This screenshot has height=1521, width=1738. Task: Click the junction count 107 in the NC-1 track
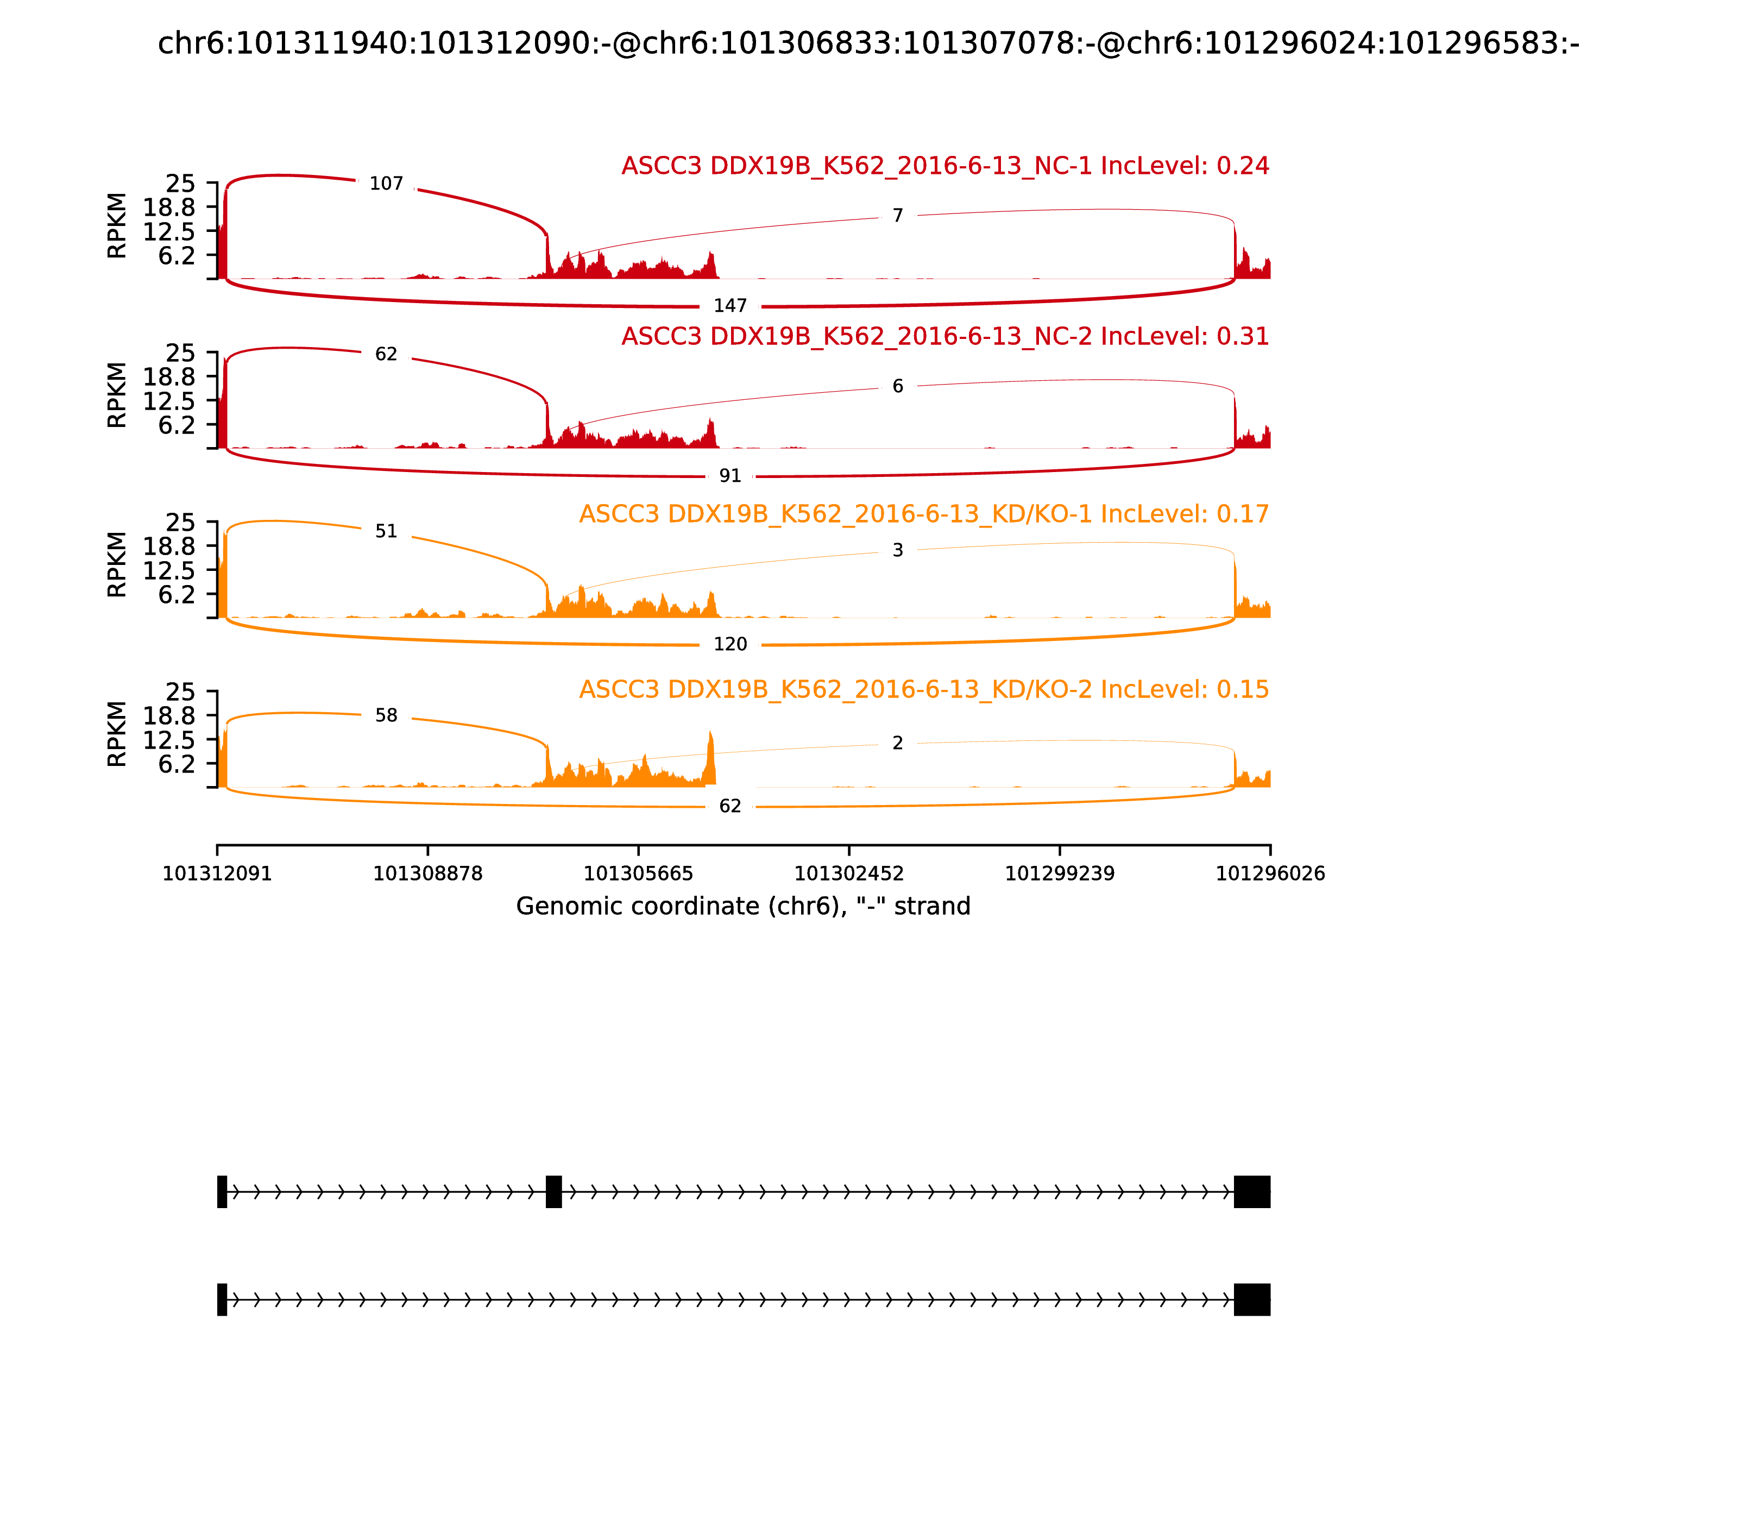click(x=386, y=184)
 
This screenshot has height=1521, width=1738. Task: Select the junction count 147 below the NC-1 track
click(x=730, y=305)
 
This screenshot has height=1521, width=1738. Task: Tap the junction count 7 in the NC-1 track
click(x=898, y=216)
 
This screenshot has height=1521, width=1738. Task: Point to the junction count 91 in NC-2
click(x=730, y=476)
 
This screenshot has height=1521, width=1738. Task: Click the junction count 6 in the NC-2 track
click(x=898, y=386)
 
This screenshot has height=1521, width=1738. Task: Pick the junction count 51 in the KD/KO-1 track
click(x=386, y=531)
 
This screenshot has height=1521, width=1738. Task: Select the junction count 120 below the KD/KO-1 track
click(x=730, y=644)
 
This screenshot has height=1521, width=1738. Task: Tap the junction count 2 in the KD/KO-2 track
click(x=898, y=744)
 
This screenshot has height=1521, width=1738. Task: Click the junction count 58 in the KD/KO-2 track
click(x=386, y=715)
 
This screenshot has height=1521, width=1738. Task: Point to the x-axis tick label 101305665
click(x=638, y=874)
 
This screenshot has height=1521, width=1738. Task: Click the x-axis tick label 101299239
click(x=1059, y=874)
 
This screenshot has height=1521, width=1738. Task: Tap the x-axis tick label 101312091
click(x=217, y=874)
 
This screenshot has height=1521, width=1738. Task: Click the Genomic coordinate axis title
click(x=742, y=907)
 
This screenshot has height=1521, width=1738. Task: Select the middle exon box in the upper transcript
click(x=553, y=1192)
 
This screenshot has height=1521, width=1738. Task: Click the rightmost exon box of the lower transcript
click(x=1252, y=1299)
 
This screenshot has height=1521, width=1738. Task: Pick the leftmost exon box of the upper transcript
click(x=222, y=1192)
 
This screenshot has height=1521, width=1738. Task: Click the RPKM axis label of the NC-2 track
click(x=117, y=395)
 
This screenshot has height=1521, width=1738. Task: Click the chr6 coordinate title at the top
click(x=868, y=44)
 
